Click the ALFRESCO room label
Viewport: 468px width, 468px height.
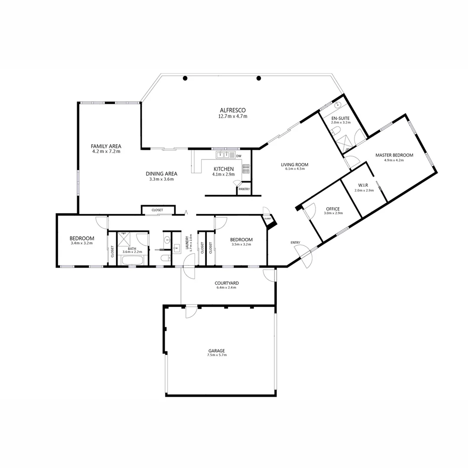click(232, 110)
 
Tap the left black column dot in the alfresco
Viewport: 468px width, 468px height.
click(185, 78)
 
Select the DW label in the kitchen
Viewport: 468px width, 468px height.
click(239, 156)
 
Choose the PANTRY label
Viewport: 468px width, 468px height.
click(244, 189)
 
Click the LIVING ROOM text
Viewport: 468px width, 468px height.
click(294, 165)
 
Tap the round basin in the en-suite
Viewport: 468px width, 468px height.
click(338, 104)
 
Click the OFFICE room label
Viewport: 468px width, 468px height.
click(333, 209)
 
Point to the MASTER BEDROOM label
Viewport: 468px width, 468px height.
click(394, 155)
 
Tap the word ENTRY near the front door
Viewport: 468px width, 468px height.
click(296, 242)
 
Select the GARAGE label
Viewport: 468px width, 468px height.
click(217, 351)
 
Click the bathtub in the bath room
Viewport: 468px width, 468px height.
click(133, 260)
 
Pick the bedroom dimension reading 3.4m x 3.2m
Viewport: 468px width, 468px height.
click(82, 244)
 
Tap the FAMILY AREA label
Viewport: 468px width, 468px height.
click(106, 146)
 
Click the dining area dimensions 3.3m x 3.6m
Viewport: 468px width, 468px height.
click(161, 179)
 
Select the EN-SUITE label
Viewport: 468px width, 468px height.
click(340, 118)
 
